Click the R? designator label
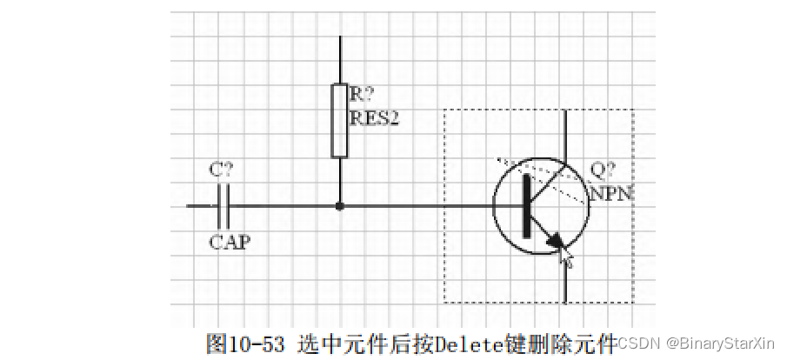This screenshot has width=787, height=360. coord(361,93)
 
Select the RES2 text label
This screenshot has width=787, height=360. coord(374,117)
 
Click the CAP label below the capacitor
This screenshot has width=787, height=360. coord(230,242)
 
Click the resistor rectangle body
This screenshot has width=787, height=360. coord(340,121)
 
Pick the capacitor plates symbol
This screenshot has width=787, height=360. coord(223,206)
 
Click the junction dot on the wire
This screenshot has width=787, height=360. coord(340,206)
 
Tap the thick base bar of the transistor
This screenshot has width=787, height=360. coord(526,206)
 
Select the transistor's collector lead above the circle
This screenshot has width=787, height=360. coord(567,135)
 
